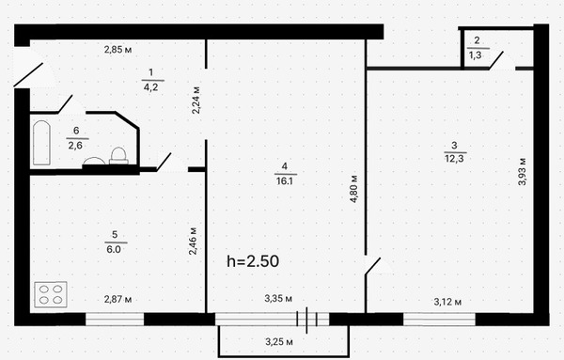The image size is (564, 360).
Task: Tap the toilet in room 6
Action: [x=119, y=155]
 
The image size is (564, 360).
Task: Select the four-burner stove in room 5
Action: [x=53, y=293]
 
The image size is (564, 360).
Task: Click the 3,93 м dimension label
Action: [x=523, y=169]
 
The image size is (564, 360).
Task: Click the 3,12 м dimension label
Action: [x=448, y=301]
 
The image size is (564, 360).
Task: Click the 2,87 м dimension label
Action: [x=117, y=300]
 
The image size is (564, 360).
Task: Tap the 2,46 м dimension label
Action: [x=193, y=243]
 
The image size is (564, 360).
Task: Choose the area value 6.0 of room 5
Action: [x=113, y=249]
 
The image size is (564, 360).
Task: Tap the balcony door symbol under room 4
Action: [x=312, y=320]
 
